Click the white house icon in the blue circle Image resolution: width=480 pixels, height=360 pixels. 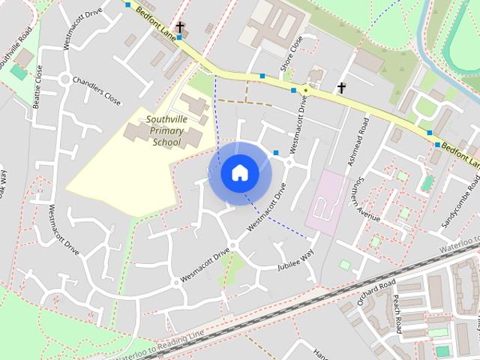click(239, 172)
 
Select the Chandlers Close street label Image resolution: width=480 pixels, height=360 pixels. click(103, 91)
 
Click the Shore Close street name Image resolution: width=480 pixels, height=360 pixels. click(292, 53)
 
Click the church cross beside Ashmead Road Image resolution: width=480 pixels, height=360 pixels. click(342, 88)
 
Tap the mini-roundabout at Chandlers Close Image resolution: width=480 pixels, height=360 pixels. click(65, 79)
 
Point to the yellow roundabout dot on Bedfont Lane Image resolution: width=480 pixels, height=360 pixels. click(305, 90)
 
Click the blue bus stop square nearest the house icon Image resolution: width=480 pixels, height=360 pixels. click(276, 153)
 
